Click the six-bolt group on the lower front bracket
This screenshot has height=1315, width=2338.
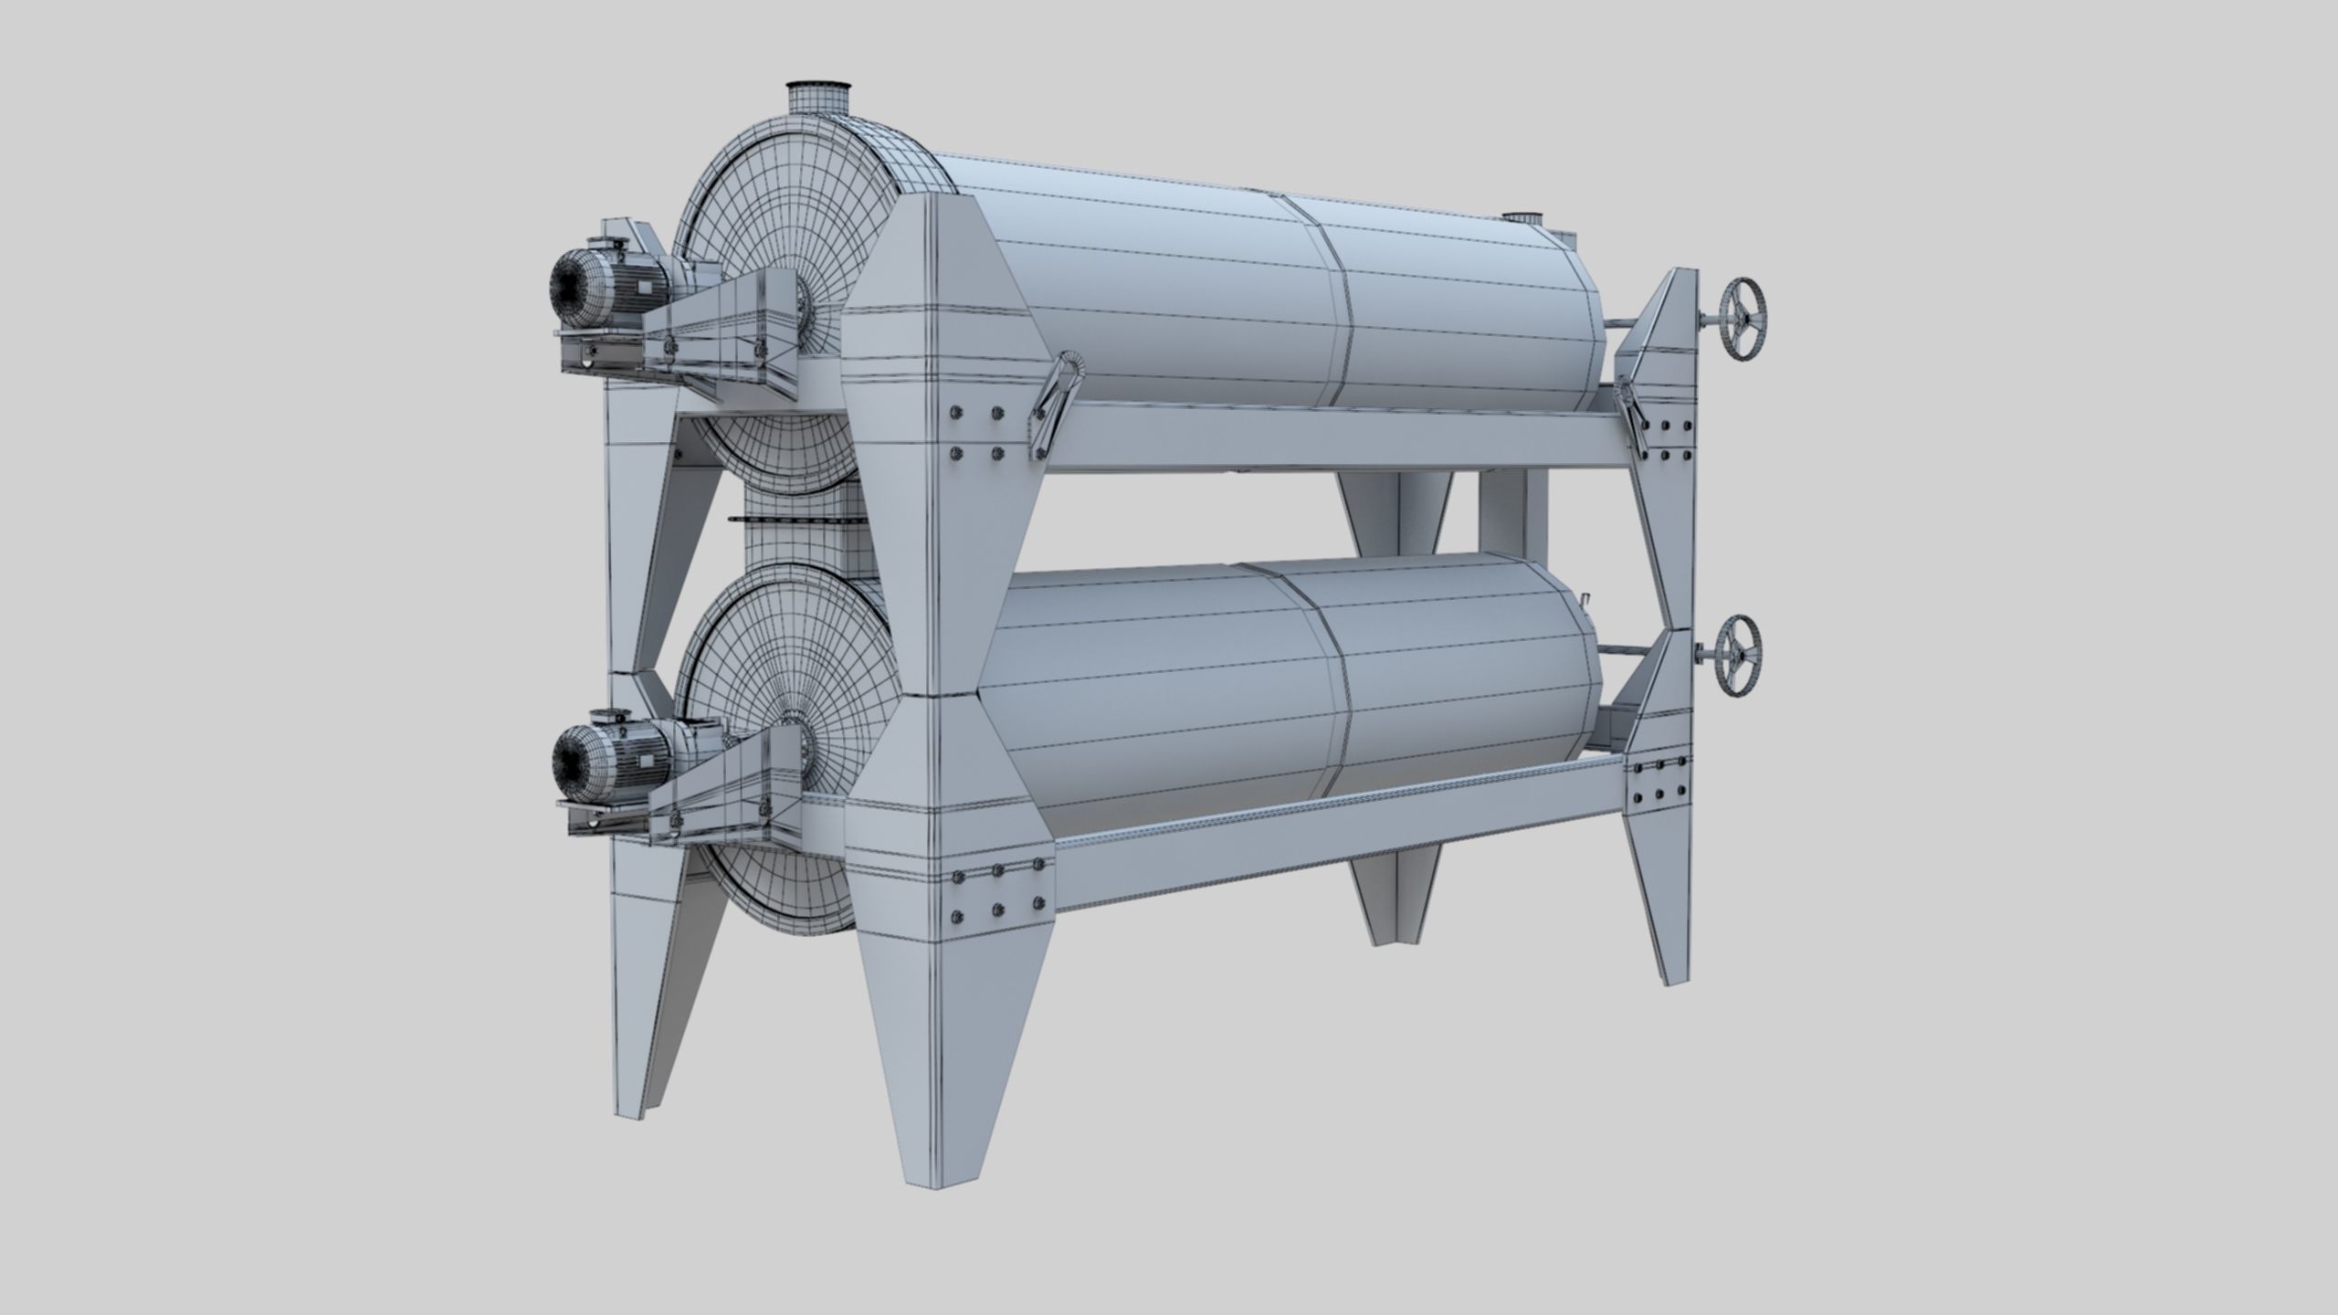click(x=995, y=903)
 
